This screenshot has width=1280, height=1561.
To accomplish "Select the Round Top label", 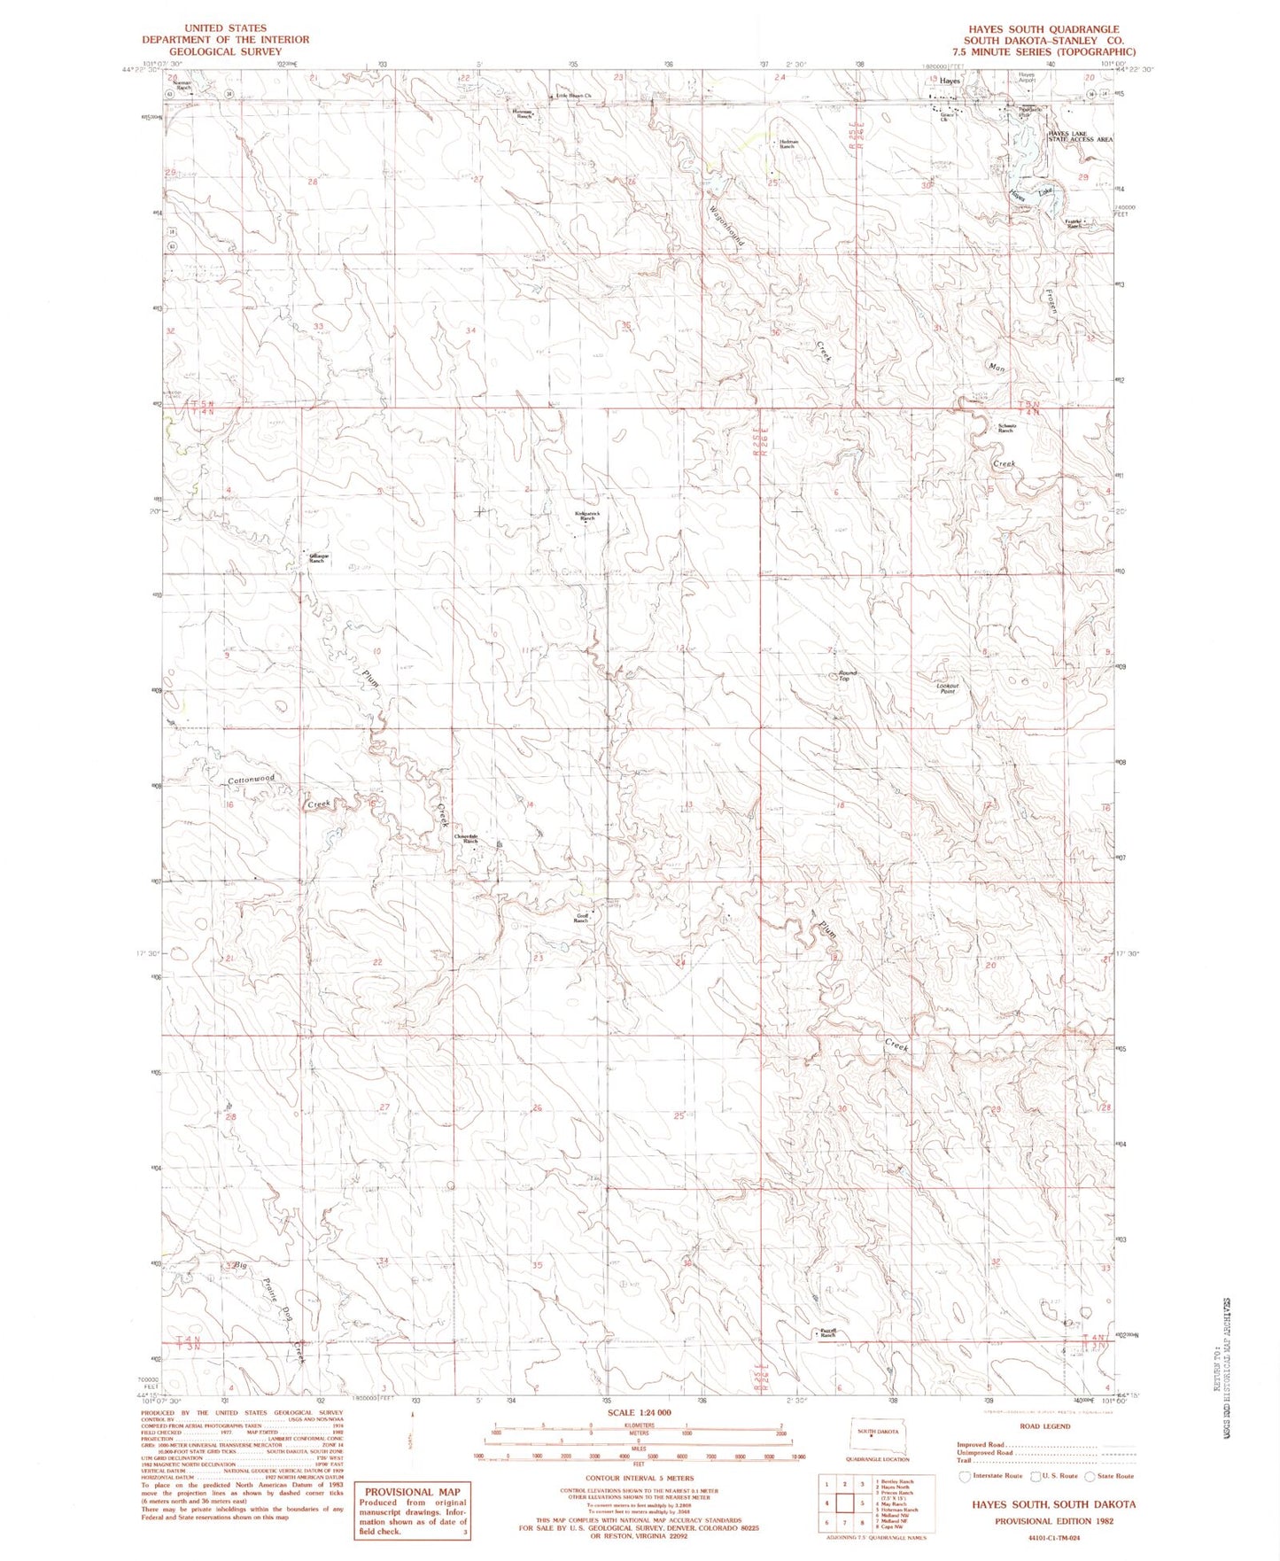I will point(848,676).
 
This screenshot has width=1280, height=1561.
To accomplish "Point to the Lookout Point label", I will point(947,687).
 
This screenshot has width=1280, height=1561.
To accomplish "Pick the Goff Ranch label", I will point(581,919).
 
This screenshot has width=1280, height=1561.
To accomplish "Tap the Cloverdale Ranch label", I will point(467,838).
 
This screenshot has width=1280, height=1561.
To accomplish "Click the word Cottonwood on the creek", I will point(252,780).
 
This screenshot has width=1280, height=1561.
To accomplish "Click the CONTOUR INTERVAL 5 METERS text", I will point(640,1478).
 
